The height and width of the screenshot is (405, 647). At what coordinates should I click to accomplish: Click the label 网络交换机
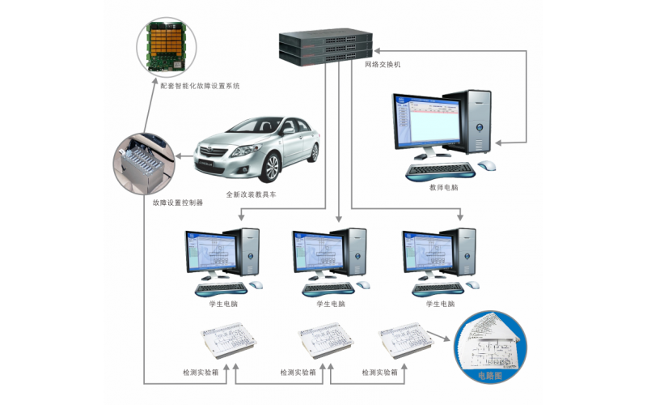383,62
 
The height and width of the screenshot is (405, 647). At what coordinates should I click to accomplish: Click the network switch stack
326,45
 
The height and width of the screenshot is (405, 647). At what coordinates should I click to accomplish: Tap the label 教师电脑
443,187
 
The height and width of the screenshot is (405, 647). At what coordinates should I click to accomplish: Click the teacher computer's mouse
487,165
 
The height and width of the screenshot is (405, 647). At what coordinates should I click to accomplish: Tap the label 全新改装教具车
252,194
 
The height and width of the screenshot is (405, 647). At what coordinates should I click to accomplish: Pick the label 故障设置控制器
177,202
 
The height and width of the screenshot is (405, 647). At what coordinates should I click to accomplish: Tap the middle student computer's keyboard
329,287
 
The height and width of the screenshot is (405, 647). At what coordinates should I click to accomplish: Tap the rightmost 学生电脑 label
440,304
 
